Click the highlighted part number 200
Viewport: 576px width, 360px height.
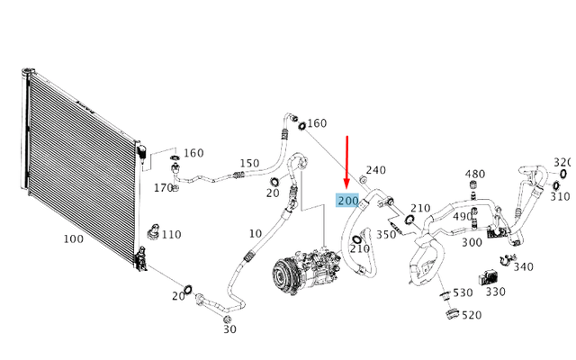[348, 201]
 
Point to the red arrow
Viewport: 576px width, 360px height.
[346, 162]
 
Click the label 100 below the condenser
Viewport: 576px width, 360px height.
[74, 239]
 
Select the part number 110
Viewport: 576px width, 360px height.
[172, 234]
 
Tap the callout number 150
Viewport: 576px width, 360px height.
[250, 163]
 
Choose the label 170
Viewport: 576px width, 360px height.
[163, 188]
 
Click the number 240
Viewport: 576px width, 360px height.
[376, 170]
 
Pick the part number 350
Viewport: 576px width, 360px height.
[386, 234]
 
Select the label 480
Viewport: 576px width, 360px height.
[475, 174]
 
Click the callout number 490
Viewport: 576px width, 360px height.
[463, 216]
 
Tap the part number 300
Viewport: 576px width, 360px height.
[472, 242]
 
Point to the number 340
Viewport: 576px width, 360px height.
[523, 266]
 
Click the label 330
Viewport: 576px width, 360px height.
[496, 292]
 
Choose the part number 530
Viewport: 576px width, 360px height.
[463, 292]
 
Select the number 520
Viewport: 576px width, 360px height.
[472, 315]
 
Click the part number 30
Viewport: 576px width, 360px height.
[230, 329]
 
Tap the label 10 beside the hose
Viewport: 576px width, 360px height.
[256, 234]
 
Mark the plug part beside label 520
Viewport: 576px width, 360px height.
[452, 314]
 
